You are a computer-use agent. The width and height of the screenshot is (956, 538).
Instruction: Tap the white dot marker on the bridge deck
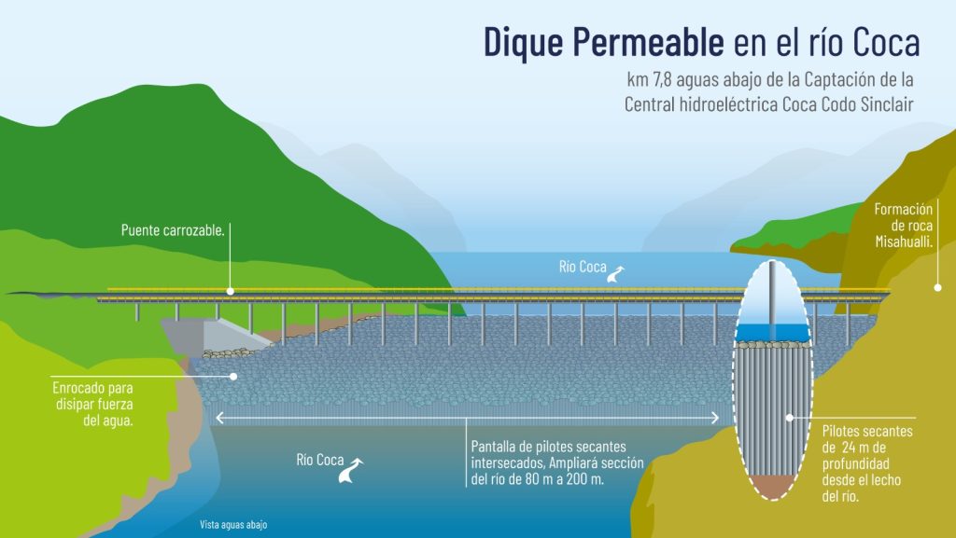[x=230, y=292]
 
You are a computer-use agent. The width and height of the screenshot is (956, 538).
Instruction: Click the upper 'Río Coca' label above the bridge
[x=583, y=267]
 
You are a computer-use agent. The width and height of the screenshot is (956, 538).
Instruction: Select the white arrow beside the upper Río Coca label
[x=616, y=273]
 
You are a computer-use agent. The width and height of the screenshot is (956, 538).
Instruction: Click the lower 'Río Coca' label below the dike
[x=319, y=459]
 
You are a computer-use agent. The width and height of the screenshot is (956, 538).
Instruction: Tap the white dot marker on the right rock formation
[x=937, y=287]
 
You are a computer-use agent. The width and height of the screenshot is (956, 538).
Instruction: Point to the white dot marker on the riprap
[x=232, y=377]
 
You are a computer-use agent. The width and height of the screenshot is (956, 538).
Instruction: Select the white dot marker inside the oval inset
[x=790, y=418]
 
